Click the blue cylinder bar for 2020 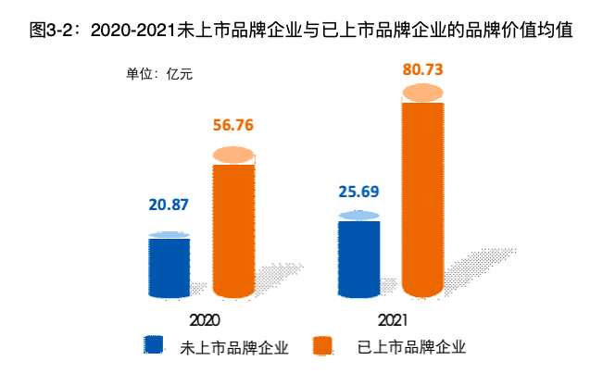(x=169, y=267)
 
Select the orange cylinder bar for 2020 (x=233, y=231)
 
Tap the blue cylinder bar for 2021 (x=358, y=261)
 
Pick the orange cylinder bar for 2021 (x=422, y=199)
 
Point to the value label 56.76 (x=232, y=127)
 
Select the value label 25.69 (x=358, y=193)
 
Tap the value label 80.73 (x=423, y=68)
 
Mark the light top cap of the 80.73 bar (x=422, y=93)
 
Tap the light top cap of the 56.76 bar (x=233, y=155)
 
